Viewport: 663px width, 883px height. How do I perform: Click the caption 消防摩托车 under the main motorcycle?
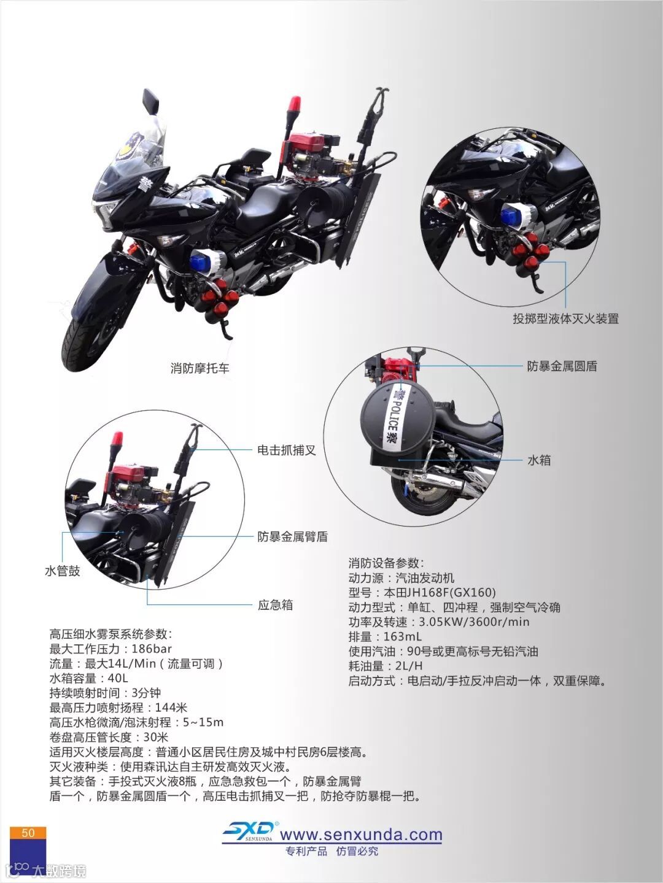[200, 368]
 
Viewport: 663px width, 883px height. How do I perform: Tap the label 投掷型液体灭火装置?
[565, 318]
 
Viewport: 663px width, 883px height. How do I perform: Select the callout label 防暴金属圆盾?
[562, 366]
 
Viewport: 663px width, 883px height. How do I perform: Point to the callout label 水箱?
[539, 460]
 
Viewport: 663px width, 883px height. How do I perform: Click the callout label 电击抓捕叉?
[287, 450]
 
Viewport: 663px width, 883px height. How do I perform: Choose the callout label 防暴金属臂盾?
[292, 536]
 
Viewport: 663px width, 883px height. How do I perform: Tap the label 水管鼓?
[63, 571]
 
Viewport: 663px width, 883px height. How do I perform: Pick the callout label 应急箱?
[275, 605]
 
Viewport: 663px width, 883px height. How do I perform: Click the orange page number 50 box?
[28, 833]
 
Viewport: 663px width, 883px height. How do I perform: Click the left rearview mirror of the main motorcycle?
[150, 101]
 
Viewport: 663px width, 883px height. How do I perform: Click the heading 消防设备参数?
[386, 563]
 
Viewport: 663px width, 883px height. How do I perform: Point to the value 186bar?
[152, 649]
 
